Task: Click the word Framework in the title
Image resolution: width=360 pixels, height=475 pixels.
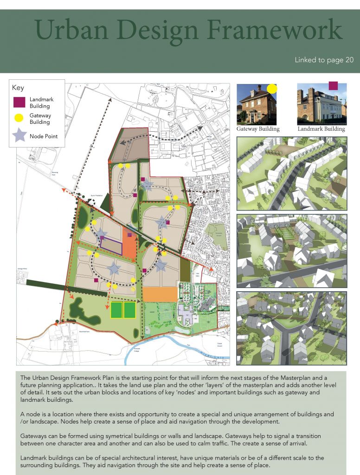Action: pos(274,31)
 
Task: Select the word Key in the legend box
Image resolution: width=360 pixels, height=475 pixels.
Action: pos(18,88)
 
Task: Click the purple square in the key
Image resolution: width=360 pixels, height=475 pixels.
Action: pos(19,102)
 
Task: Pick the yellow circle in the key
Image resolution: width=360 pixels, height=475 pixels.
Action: pos(19,118)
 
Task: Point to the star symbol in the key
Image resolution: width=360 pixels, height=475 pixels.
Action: pos(19,135)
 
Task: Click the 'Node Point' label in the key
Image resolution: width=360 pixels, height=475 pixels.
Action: pos(44,136)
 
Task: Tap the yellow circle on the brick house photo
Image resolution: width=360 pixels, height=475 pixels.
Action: pos(272,88)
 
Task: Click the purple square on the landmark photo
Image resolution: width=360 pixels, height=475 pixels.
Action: pos(333,85)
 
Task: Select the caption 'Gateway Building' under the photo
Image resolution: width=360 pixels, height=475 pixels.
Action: pos(258,129)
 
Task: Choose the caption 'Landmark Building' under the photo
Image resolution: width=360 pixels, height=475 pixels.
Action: pos(321,129)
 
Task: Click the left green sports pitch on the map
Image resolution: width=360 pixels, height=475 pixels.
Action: pos(116,310)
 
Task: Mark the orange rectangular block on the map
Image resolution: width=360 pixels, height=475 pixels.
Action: pos(161,294)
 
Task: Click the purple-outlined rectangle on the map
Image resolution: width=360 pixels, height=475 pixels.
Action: pos(111,246)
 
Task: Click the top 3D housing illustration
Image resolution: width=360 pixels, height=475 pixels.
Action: pos(291,173)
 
